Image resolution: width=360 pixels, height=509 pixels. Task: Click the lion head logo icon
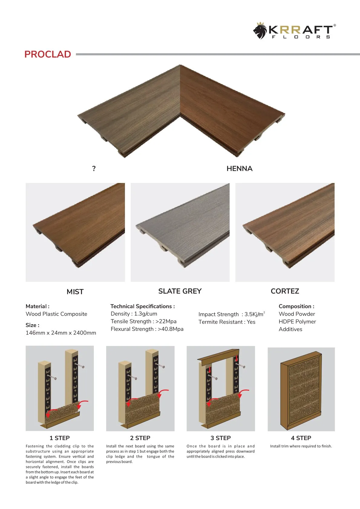coord(260,31)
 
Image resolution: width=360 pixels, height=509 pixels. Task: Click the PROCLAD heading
coord(47,54)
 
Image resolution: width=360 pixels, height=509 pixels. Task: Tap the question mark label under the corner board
coord(94,169)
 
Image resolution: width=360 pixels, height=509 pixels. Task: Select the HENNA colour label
coord(239,169)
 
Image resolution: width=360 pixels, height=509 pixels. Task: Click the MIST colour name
coord(75,292)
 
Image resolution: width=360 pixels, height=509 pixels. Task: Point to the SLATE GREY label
coord(180,291)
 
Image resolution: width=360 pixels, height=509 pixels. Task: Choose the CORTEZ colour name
coord(285,291)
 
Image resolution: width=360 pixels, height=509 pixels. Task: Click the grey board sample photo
coord(180,232)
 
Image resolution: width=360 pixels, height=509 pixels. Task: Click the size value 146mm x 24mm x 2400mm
coord(61,333)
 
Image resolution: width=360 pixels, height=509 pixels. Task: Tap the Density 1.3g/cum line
coord(134,314)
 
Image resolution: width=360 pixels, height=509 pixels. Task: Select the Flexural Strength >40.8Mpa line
coord(147,329)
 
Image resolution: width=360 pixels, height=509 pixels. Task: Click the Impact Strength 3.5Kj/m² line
coord(231,314)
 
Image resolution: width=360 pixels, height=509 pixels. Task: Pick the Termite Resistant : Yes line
coord(227,322)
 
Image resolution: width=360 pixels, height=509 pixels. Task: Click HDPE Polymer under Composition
coord(297,322)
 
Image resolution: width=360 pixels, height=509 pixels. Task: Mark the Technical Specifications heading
coord(142,306)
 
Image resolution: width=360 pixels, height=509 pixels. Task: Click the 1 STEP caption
coord(60,438)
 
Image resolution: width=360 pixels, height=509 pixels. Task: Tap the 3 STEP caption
coord(221,438)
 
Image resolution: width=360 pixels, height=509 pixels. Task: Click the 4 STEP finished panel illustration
coord(301,389)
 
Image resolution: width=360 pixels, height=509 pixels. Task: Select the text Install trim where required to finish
coord(301,446)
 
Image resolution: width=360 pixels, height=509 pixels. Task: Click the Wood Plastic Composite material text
coord(56,314)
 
